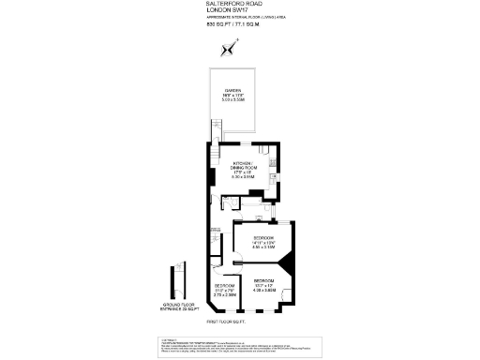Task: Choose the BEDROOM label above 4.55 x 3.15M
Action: (263, 238)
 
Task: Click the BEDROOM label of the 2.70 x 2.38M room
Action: (224, 285)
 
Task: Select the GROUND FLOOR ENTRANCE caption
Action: (173, 306)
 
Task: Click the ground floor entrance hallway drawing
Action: (172, 282)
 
